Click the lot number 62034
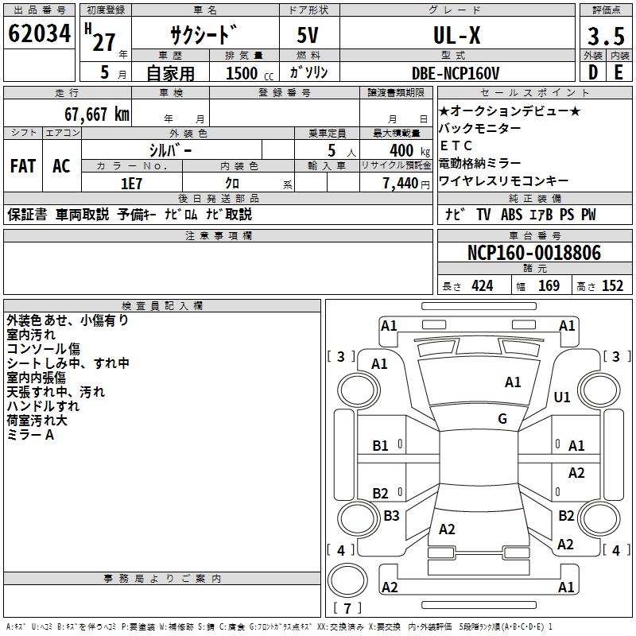tap(39, 34)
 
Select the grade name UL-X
tap(456, 36)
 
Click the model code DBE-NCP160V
tap(456, 73)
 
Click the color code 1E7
tap(132, 184)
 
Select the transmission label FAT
tap(22, 166)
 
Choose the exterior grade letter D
tap(591, 73)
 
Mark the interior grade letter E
tap(618, 73)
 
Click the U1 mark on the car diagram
tap(562, 397)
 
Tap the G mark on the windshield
tap(502, 419)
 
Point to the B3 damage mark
tap(391, 516)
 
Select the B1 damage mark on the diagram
tap(381, 446)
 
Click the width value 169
tap(549, 286)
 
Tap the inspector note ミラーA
tap(31, 435)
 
